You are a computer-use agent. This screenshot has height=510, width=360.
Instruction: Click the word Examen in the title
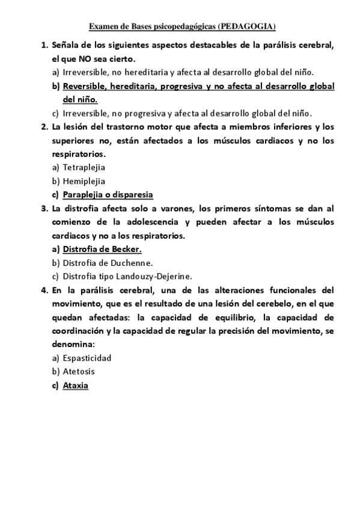[x=103, y=27]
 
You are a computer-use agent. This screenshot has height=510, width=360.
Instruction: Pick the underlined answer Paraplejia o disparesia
[x=108, y=195]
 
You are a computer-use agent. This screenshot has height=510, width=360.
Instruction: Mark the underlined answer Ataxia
[x=76, y=386]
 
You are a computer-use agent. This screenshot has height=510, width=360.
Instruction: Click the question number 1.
[x=44, y=46]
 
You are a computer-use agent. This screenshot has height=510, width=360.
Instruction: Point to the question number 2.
[x=44, y=127]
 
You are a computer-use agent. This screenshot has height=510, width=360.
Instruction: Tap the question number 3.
[x=44, y=209]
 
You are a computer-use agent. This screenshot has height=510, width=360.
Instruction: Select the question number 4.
[x=44, y=290]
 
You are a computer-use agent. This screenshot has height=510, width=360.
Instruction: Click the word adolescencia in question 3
[x=154, y=222]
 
